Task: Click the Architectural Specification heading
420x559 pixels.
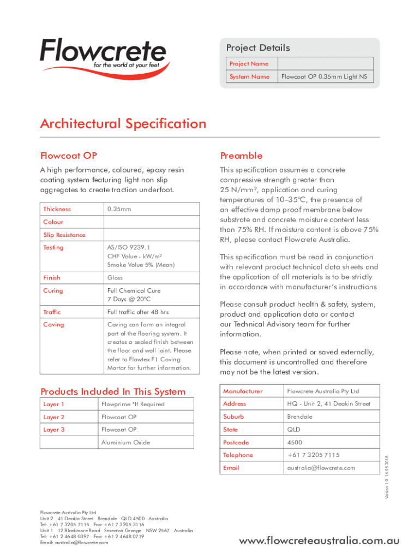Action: point(123,124)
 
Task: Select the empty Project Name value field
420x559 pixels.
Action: point(325,64)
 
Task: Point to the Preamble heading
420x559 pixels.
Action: point(241,156)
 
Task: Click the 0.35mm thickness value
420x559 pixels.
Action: point(119,209)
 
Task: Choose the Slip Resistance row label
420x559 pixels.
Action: point(64,235)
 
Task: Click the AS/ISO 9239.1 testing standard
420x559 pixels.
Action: point(129,248)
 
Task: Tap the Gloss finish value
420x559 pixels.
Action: point(115,278)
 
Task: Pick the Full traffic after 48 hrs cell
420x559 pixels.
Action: point(138,312)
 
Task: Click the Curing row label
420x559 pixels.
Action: point(53,291)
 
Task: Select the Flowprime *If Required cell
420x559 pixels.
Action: point(133,405)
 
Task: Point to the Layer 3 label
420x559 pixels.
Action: point(54,430)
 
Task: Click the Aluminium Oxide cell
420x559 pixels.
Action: point(125,443)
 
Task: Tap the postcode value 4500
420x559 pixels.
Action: point(295,443)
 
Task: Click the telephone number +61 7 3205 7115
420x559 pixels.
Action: point(313,455)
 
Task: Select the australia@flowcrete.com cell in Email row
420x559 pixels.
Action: point(321,468)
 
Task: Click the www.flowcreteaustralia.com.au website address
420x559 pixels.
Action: point(320,541)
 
